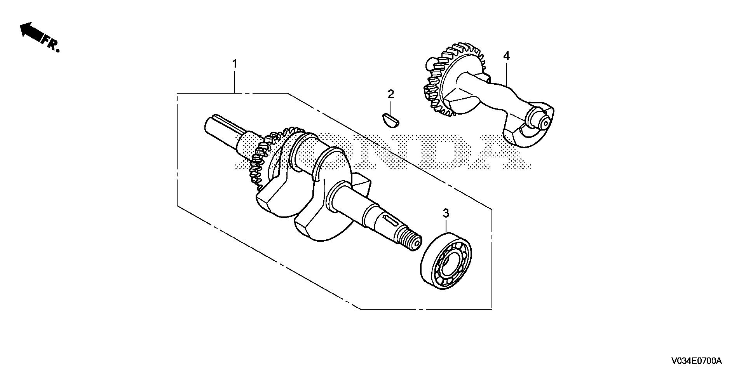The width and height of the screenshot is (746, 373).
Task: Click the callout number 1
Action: [234, 63]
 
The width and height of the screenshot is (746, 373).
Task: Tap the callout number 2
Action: [390, 94]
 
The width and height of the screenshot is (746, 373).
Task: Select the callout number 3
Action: [446, 213]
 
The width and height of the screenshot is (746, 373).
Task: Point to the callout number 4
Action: [506, 56]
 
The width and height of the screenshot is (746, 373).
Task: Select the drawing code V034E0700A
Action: [696, 361]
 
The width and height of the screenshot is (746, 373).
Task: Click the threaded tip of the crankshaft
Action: [408, 240]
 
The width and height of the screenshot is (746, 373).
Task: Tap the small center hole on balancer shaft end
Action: [545, 123]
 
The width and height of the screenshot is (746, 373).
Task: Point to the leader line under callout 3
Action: [446, 225]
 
